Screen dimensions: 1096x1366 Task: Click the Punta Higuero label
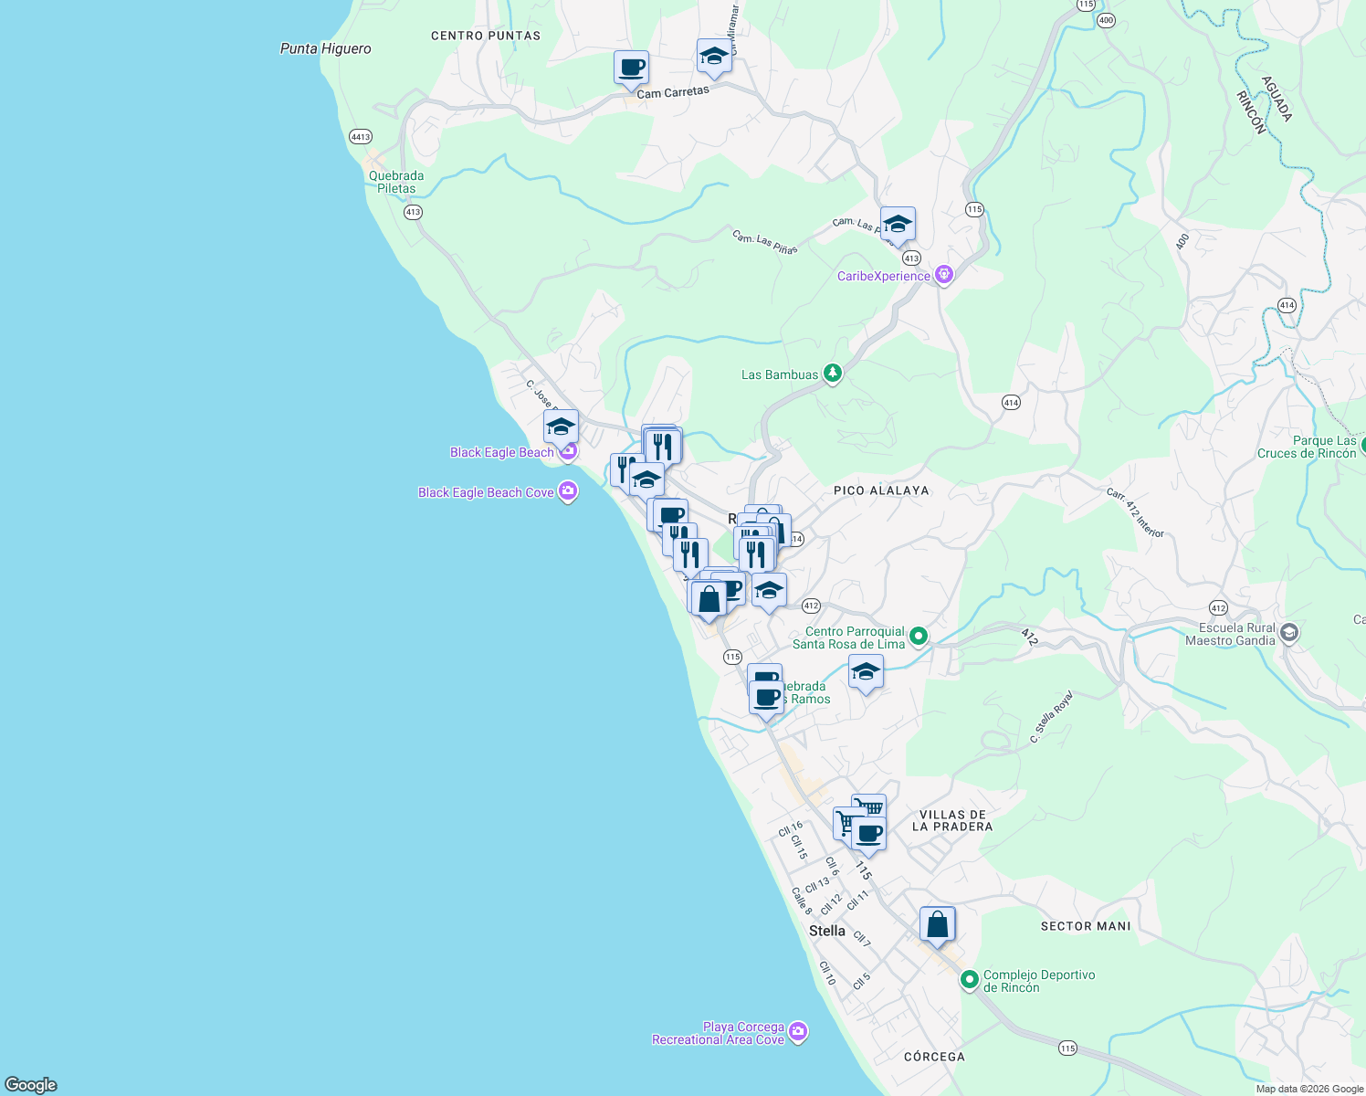325,48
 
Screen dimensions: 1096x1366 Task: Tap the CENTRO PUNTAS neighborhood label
486,36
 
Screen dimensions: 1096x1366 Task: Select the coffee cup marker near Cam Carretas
631,68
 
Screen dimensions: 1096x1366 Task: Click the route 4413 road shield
361,137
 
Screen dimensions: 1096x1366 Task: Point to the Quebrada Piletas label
396,182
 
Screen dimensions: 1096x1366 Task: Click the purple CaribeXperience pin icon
944,275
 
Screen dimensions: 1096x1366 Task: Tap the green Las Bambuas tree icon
832,374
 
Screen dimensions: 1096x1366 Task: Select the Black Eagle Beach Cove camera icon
568,492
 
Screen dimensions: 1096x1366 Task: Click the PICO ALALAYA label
881,490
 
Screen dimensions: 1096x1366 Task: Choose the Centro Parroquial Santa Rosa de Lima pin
919,637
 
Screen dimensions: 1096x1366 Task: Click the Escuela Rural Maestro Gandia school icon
1288,632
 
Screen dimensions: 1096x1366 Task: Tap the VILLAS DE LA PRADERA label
952,820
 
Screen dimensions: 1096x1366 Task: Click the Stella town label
827,931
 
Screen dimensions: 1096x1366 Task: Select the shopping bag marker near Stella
937,925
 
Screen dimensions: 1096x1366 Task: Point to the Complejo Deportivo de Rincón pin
970,980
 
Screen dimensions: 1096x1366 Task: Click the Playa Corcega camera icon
798,1032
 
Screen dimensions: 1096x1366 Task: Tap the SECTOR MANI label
1086,926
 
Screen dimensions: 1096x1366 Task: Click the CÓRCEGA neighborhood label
934,1057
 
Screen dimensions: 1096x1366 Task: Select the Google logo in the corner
31,1084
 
